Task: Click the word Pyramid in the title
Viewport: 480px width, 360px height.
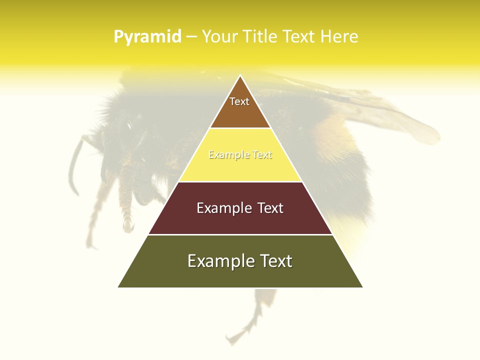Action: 147,37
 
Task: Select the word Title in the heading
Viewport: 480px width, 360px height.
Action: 258,37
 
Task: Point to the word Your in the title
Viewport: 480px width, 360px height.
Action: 220,37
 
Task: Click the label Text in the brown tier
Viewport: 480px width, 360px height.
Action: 239,101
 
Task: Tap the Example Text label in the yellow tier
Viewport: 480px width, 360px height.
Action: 240,155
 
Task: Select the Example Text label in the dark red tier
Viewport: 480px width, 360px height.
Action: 240,208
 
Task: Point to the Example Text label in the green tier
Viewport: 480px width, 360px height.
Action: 240,261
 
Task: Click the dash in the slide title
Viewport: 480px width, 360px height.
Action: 191,37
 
